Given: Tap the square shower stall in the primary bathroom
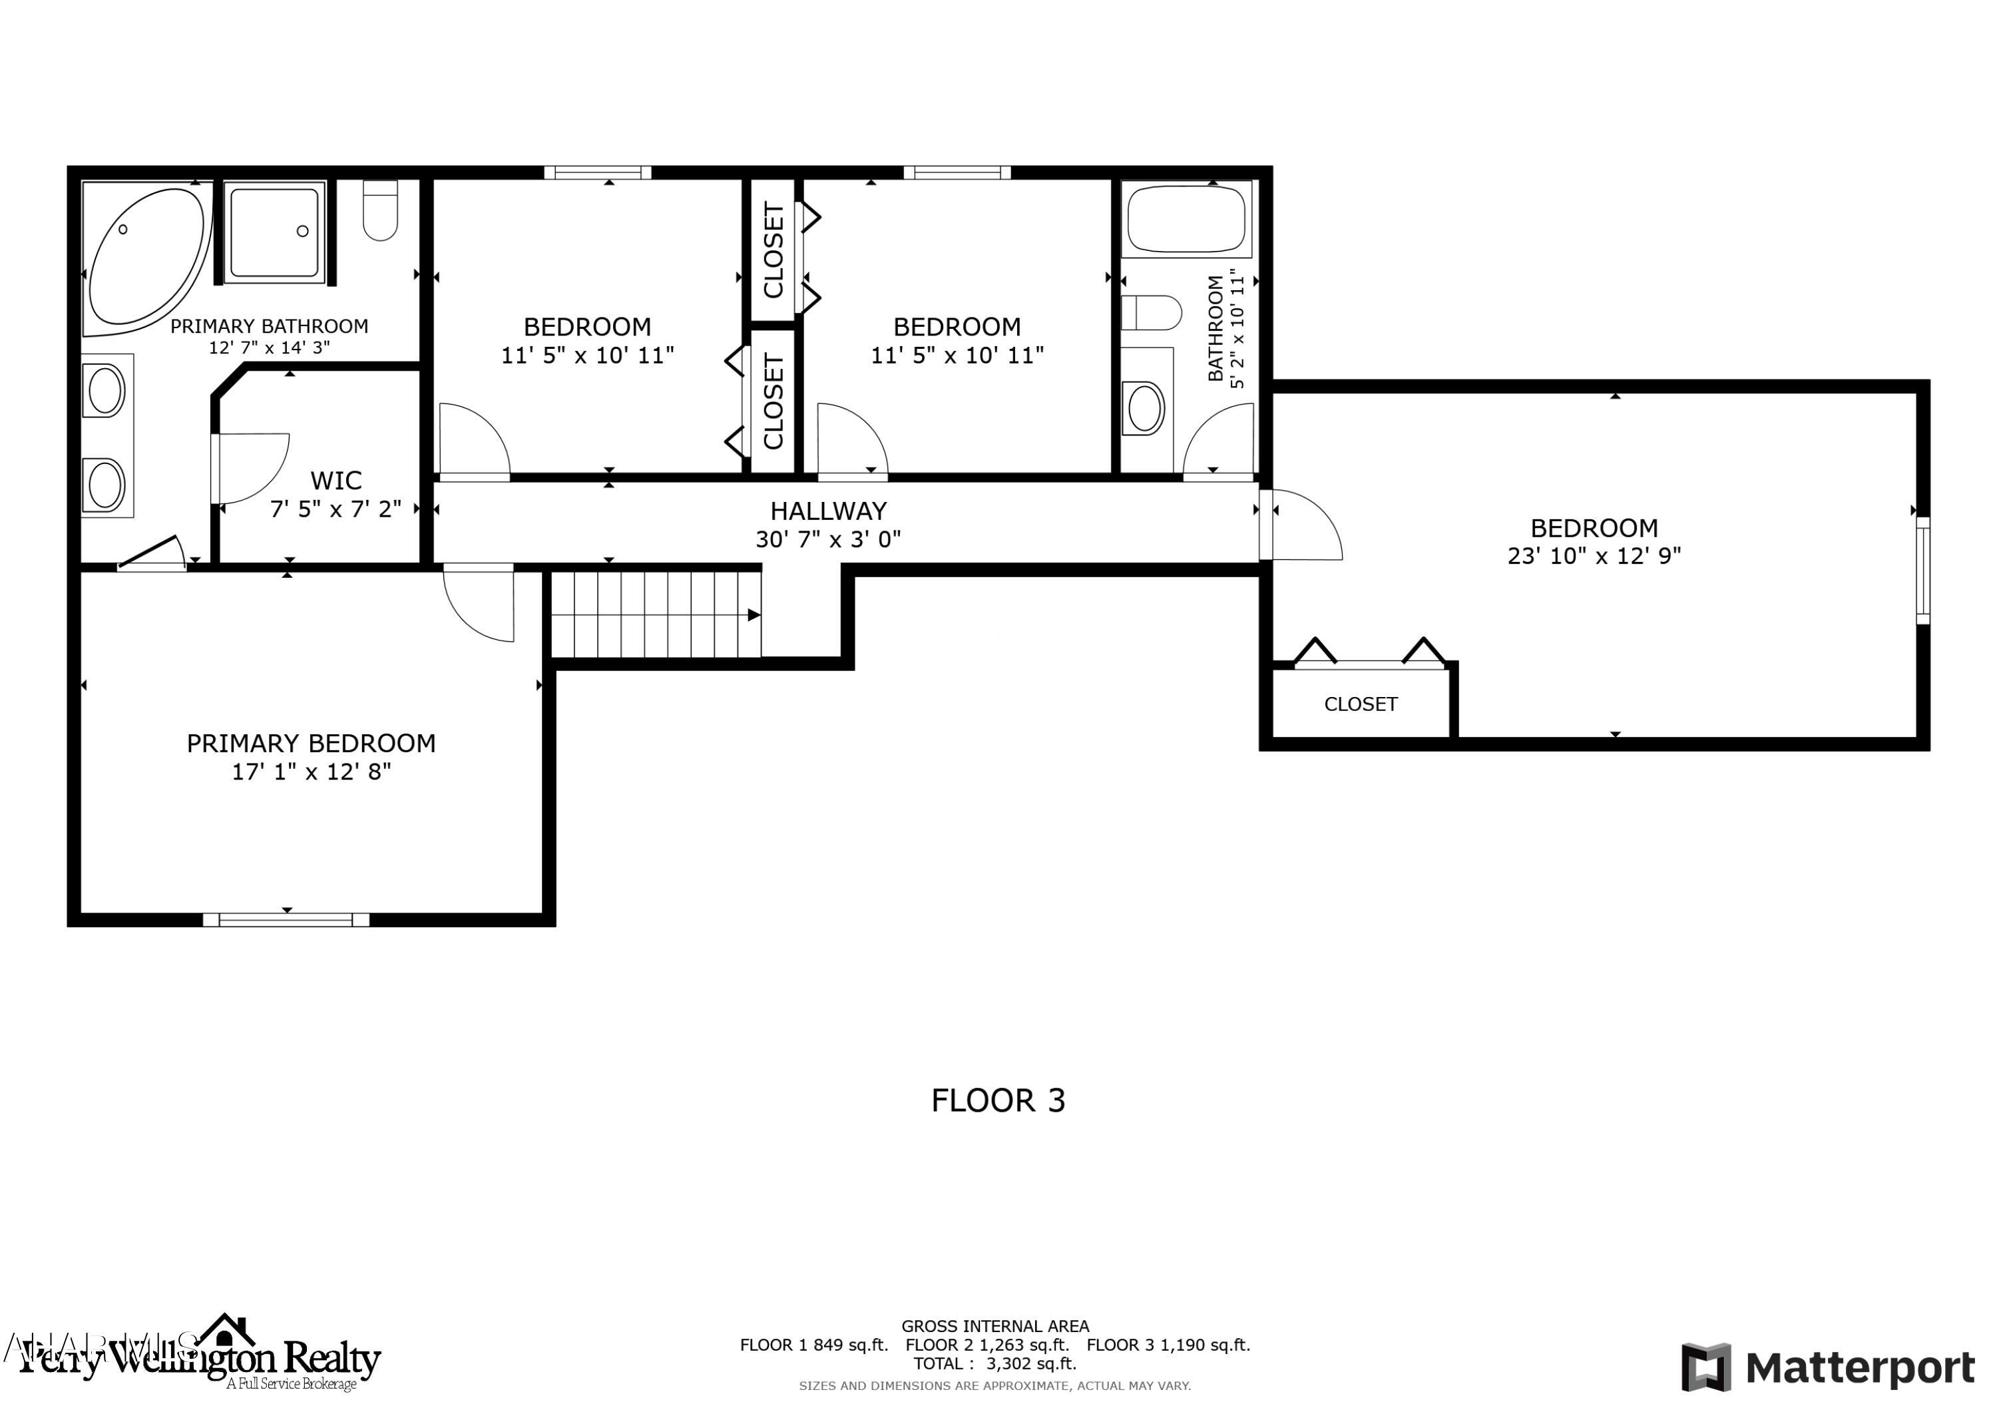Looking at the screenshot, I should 275,232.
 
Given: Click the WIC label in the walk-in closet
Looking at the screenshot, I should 335,480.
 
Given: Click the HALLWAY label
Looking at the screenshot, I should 828,511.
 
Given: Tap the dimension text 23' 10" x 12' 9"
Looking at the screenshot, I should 1594,556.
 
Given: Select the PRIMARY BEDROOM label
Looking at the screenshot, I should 310,743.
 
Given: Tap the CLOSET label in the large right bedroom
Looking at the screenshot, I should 1361,704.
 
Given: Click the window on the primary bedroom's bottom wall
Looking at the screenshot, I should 286,919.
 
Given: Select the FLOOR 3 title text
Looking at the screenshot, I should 998,1100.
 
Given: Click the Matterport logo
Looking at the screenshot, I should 1827,1367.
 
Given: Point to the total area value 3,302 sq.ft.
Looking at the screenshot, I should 1030,1363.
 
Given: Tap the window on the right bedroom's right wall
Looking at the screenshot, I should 1923,571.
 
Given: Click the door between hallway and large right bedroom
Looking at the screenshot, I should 1302,525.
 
